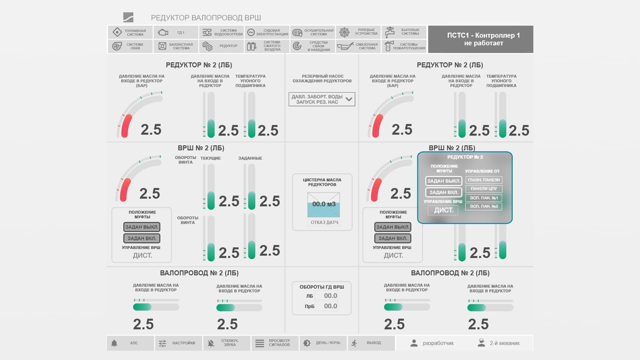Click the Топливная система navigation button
click(x=130, y=32)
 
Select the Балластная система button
click(x=176, y=46)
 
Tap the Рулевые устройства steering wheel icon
click(x=344, y=32)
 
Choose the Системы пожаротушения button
click(x=404, y=46)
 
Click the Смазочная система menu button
click(x=359, y=46)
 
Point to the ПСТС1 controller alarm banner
click(x=480, y=39)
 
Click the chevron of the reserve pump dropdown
click(x=349, y=99)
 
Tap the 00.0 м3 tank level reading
click(x=324, y=204)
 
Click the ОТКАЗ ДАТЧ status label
click(x=324, y=222)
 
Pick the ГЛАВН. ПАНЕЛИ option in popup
click(x=484, y=180)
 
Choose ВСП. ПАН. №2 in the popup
click(x=484, y=206)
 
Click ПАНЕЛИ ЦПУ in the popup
click(x=484, y=189)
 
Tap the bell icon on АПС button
click(x=114, y=343)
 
